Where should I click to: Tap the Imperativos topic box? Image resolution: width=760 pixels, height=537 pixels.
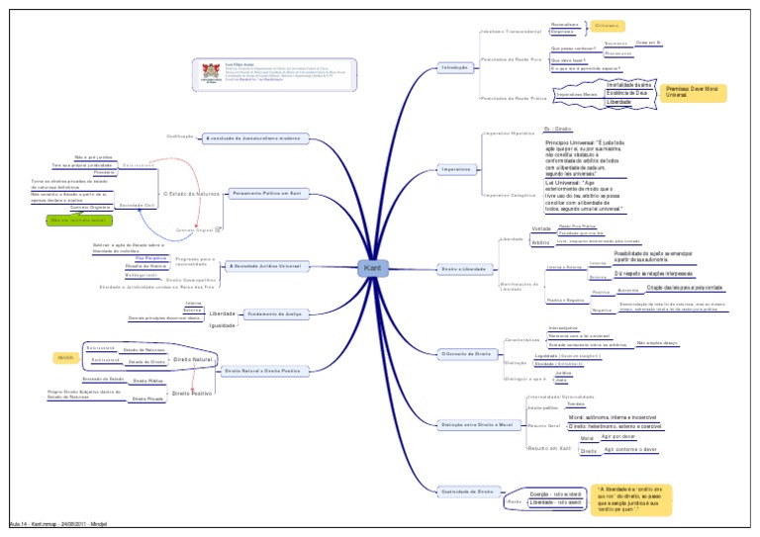[x=456, y=169]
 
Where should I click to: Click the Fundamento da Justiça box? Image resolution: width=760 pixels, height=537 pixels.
[x=273, y=313]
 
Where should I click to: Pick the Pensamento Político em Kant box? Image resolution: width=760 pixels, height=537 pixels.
[x=264, y=194]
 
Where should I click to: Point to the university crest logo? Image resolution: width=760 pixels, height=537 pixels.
[x=209, y=71]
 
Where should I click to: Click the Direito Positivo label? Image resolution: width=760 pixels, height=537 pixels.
[x=193, y=393]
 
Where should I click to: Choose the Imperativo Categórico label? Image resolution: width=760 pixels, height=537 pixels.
[x=510, y=196]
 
